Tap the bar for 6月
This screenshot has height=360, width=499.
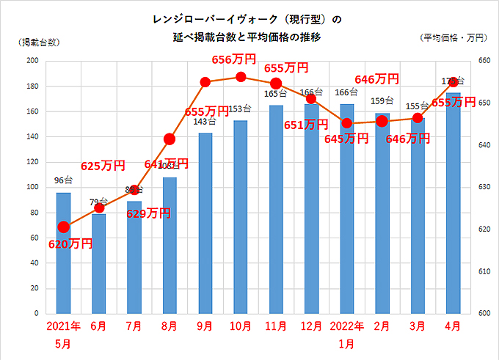pyautogui.click(x=98, y=264)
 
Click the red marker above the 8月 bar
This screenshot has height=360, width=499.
pyautogui.click(x=170, y=139)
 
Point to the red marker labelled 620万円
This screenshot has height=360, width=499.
pyautogui.click(x=64, y=227)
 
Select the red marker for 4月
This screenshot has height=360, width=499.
pyautogui.click(x=454, y=81)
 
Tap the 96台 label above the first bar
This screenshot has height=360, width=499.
pyautogui.click(x=63, y=180)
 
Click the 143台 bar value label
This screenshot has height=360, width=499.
pyautogui.click(x=205, y=121)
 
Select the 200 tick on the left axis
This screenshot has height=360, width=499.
pyautogui.click(x=32, y=62)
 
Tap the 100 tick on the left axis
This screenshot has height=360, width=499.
pyautogui.click(x=32, y=188)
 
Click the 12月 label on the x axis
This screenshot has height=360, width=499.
pyautogui.click(x=311, y=326)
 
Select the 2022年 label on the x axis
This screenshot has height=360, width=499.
pyautogui.click(x=347, y=326)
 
